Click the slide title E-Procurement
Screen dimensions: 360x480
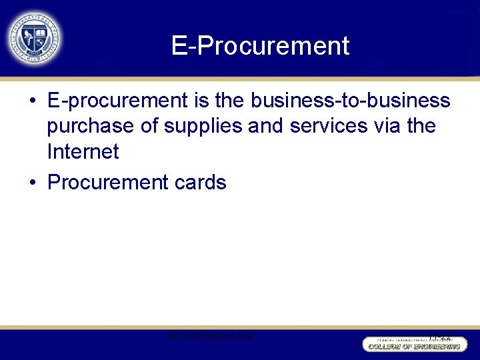click(260, 45)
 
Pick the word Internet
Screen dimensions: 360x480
click(83, 151)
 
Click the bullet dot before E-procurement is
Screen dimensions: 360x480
click(32, 101)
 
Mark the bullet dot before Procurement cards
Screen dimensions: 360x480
click(32, 183)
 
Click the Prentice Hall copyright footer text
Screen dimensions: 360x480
click(212, 336)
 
